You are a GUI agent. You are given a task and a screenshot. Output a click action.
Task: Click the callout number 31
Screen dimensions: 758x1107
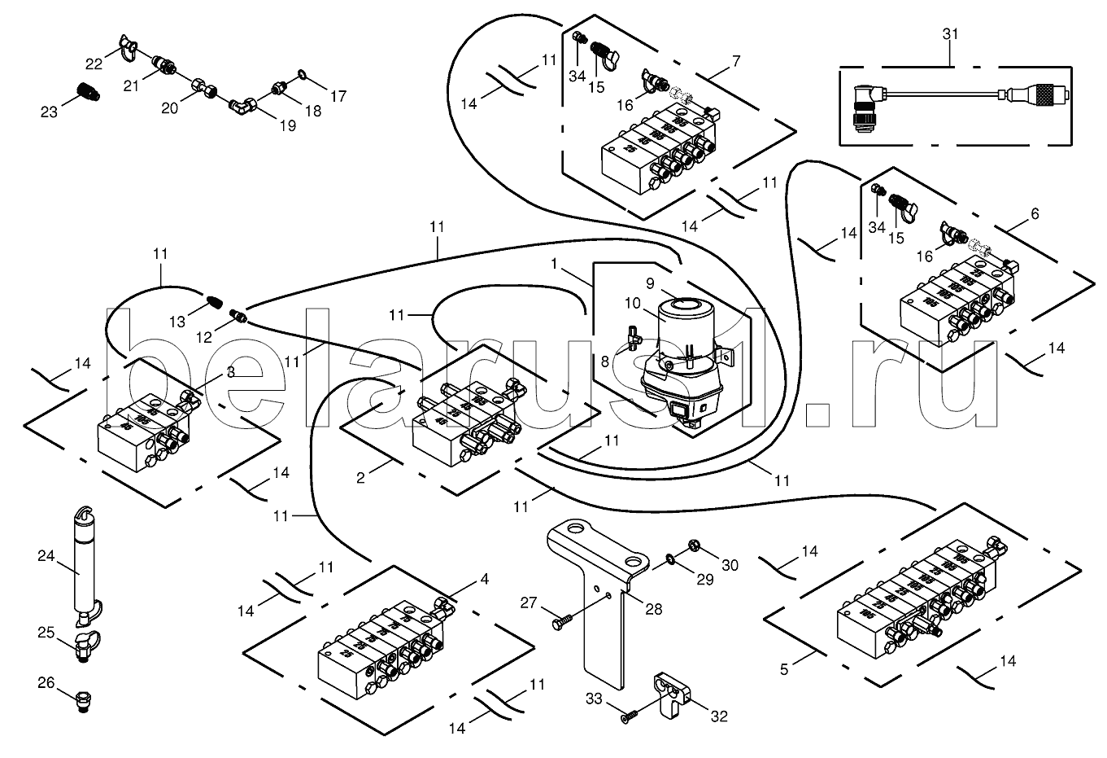click(x=950, y=34)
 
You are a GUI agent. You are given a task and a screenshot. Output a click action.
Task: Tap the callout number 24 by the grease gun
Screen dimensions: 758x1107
click(x=46, y=557)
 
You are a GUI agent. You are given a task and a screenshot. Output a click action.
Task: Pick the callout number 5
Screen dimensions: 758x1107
click(x=784, y=670)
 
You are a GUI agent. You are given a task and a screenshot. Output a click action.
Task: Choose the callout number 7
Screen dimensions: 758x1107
click(x=736, y=61)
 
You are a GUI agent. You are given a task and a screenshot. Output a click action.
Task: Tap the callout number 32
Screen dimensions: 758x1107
click(x=718, y=716)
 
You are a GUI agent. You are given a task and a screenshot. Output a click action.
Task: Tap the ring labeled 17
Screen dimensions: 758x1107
click(x=302, y=75)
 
